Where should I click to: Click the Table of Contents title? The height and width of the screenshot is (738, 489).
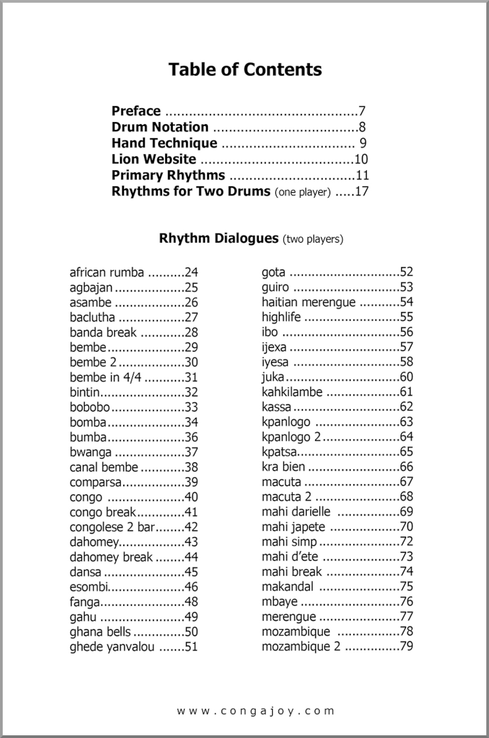[245, 70]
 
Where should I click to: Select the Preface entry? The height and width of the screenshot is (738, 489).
[136, 111]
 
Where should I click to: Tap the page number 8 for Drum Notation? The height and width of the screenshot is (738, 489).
[362, 127]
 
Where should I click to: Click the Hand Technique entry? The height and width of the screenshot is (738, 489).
[164, 143]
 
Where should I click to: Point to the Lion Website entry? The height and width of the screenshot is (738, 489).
[154, 159]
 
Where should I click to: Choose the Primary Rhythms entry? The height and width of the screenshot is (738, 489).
[168, 175]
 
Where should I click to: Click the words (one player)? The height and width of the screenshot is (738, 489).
[302, 192]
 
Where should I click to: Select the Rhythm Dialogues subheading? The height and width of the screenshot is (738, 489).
[218, 238]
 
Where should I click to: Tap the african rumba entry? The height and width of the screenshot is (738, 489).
[107, 272]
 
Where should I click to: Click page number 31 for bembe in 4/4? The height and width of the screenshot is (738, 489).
[191, 377]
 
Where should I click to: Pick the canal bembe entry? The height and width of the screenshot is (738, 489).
[104, 467]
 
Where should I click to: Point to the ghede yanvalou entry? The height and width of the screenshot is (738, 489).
[112, 647]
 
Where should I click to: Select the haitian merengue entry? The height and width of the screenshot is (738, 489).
[308, 302]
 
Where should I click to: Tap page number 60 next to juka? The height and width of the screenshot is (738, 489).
[406, 377]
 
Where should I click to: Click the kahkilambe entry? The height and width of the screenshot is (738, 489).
[292, 392]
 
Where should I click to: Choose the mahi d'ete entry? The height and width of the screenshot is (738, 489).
[290, 556]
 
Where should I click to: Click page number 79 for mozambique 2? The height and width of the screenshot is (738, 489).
[406, 646]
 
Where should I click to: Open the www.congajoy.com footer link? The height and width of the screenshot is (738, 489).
[256, 710]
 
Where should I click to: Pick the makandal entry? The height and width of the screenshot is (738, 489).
[288, 586]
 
